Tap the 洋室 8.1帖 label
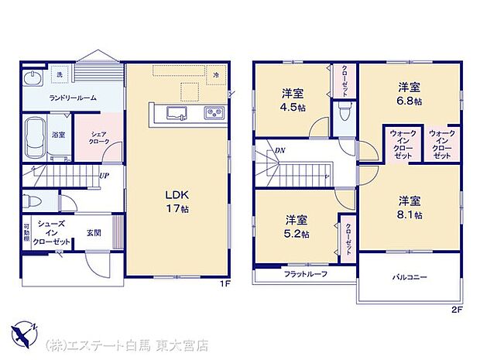[410, 207]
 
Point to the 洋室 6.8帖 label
[410, 94]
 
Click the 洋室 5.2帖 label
[296, 226]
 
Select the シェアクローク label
[98, 137]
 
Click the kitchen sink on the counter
[178, 114]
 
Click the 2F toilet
[345, 115]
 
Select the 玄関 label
[94, 232]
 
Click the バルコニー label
[410, 276]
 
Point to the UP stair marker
[102, 174]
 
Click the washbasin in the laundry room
[33, 79]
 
